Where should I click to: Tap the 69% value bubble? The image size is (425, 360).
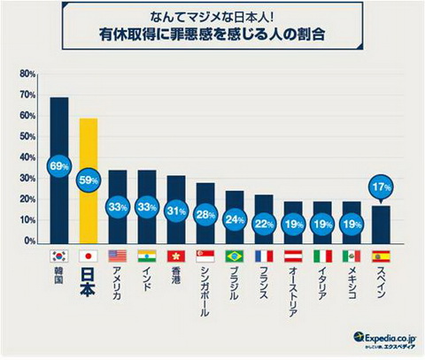point(59,165)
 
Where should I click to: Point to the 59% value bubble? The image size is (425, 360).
point(89,180)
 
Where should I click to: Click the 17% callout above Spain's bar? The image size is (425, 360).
point(382,187)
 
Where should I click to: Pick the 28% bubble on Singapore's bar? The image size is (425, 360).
point(205,215)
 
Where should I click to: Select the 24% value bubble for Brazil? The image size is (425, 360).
point(235,220)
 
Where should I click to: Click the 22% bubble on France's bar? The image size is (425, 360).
point(264,224)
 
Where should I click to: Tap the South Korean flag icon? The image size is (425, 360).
point(59,255)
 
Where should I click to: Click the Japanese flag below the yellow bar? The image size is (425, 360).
point(89,255)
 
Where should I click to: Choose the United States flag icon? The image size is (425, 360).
point(118,255)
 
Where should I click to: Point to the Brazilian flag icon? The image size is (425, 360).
point(235,255)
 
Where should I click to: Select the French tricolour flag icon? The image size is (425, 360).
point(264,255)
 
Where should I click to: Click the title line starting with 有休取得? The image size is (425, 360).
point(212,37)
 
